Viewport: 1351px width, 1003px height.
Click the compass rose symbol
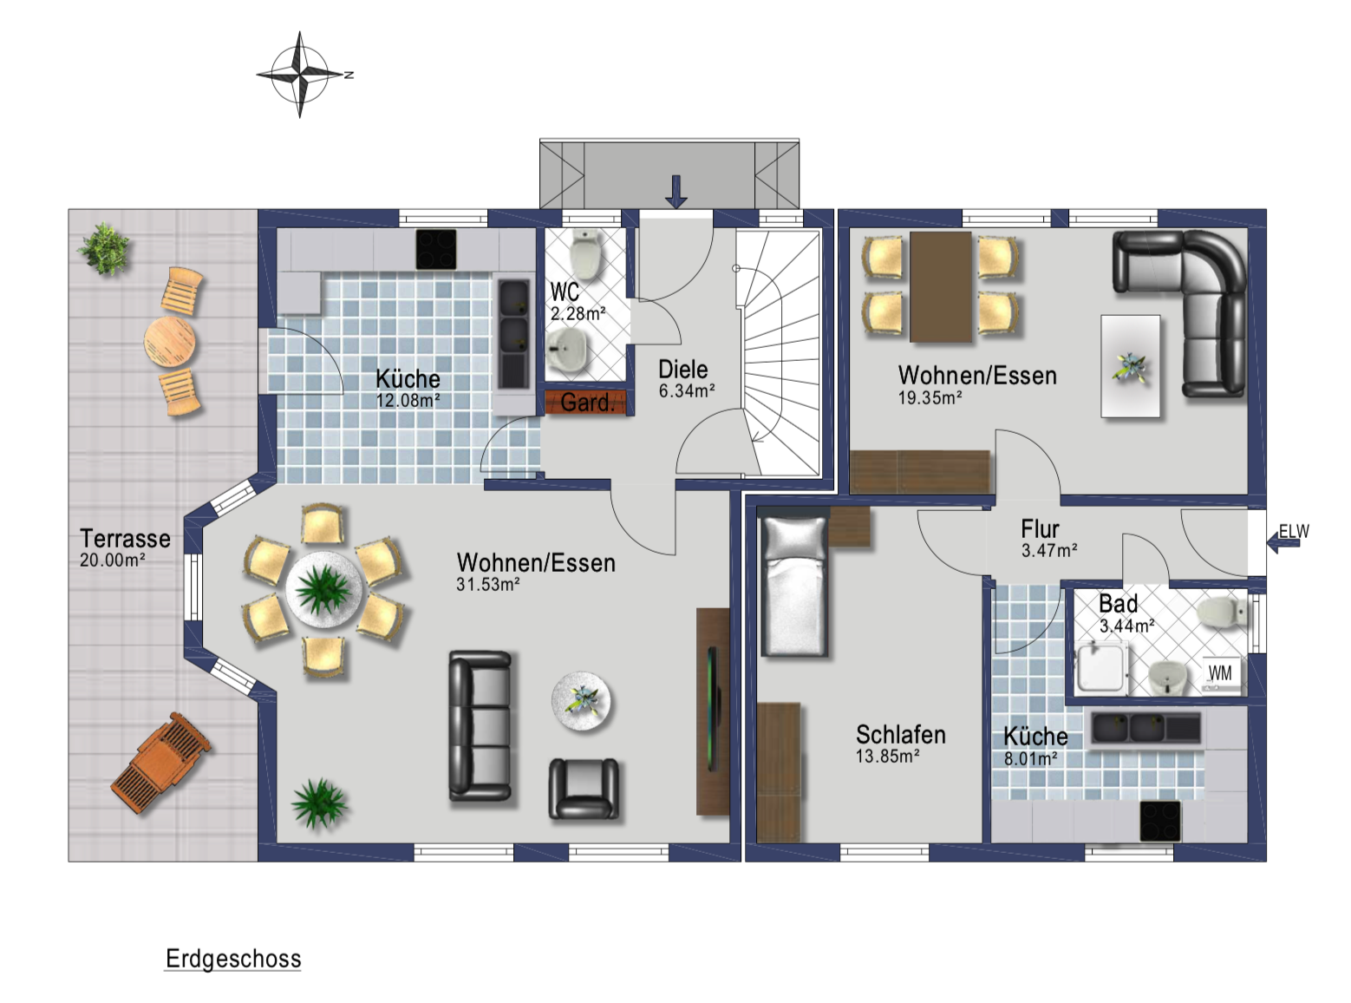click(x=300, y=75)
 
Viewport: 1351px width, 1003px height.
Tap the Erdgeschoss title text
click(x=233, y=959)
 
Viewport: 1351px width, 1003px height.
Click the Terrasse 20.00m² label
click(x=125, y=547)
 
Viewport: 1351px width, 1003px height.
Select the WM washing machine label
click(x=1219, y=673)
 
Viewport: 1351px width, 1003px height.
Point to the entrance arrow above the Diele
click(x=675, y=192)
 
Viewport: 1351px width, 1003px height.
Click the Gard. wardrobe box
click(x=585, y=403)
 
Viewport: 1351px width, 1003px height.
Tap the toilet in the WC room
click(x=585, y=254)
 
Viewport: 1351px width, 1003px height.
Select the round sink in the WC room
click(x=565, y=350)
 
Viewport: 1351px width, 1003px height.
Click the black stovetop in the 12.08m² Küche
click(x=436, y=249)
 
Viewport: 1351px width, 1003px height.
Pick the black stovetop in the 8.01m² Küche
click(x=1160, y=822)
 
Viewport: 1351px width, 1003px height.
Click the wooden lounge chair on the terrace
click(x=160, y=763)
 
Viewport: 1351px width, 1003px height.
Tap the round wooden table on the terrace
click(x=170, y=342)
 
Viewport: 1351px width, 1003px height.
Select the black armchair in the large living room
click(x=584, y=789)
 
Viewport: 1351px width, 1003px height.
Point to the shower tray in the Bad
click(x=1101, y=670)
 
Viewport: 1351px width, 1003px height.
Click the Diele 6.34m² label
click(x=686, y=379)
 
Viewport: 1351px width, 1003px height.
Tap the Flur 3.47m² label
click(x=1049, y=539)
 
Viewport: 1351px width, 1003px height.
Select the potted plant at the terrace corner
click(x=105, y=249)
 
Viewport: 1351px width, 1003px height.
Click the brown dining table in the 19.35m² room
click(x=941, y=286)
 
